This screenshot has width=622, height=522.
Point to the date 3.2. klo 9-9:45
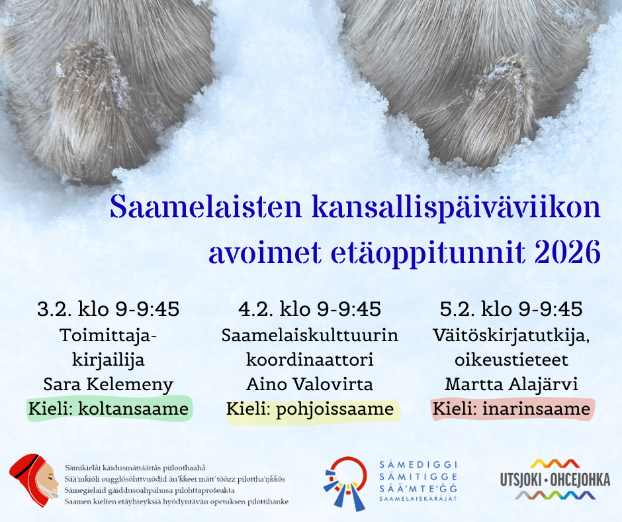click(109, 309)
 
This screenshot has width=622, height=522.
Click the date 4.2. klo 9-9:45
click(310, 309)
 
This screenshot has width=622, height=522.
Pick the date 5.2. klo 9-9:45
click(511, 309)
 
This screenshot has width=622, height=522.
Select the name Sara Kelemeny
click(109, 384)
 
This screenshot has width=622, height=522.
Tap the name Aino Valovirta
click(310, 384)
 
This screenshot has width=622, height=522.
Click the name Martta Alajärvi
click(511, 384)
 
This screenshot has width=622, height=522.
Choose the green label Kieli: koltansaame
click(109, 409)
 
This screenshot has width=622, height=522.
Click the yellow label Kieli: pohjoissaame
click(310, 409)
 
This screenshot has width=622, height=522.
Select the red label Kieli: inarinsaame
click(511, 409)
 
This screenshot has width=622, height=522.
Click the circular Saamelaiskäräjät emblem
click(345, 482)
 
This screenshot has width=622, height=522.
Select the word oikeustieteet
click(511, 360)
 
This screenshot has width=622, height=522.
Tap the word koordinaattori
click(310, 360)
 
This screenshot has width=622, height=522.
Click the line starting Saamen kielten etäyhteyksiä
click(176, 501)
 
